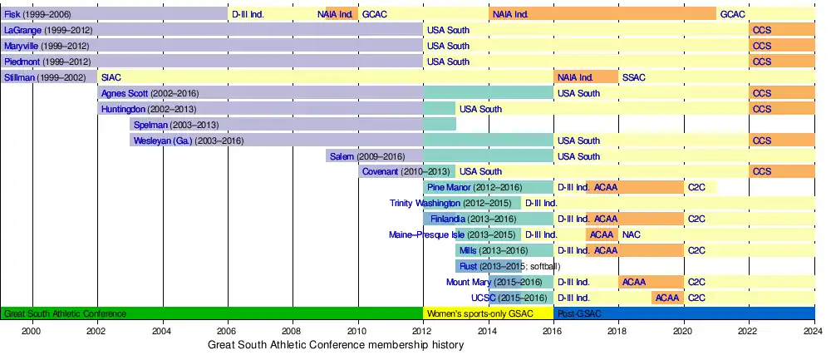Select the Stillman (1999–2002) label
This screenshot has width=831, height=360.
pos(44,77)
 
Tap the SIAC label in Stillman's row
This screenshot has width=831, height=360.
pos(111,77)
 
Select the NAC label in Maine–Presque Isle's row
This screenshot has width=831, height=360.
pos(631,234)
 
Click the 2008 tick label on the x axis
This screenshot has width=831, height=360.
pos(293,330)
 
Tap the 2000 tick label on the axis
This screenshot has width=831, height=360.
pos(32,330)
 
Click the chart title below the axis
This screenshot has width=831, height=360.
pos(336,344)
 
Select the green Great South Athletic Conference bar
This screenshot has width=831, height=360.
pos(212,313)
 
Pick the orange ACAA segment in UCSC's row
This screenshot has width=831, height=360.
pos(667,298)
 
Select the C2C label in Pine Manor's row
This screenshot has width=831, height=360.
pos(696,187)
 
